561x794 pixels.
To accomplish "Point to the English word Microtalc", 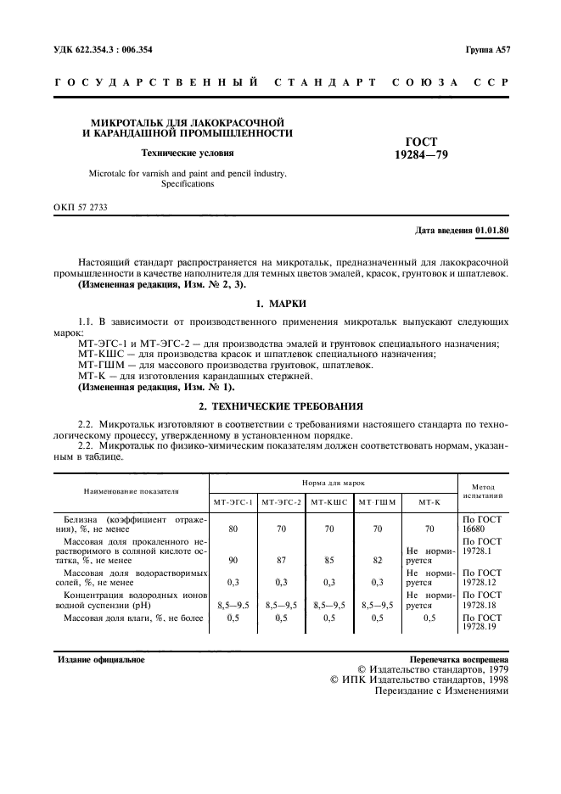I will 110,173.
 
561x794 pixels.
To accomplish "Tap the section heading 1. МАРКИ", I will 280,303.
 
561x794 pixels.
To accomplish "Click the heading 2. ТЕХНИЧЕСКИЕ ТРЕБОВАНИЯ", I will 280,406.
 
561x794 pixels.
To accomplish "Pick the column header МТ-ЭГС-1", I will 233,502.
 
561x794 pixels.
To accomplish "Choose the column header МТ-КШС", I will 329,502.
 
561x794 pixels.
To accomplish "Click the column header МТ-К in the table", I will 429,502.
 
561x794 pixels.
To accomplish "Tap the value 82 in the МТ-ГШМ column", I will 377,559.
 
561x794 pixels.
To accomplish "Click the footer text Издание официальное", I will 100,659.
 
